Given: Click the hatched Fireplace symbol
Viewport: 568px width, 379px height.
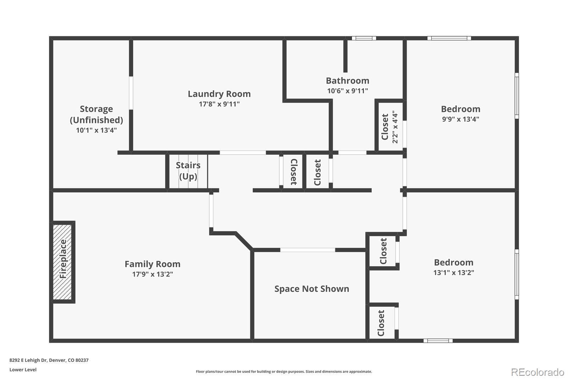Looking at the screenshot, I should point(62,262).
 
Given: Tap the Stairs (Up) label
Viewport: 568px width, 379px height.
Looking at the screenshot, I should point(188,171).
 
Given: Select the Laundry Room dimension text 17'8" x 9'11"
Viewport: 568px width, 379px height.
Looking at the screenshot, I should point(219,104).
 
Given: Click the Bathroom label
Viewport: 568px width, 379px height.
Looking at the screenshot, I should point(347,81).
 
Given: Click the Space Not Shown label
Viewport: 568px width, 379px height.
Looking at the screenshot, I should point(311,289).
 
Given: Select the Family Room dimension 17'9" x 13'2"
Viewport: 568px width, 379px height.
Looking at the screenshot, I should point(152,274).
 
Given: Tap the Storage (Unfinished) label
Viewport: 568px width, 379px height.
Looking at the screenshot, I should point(96,114).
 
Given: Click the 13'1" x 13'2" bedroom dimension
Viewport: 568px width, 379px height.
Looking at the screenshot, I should point(453,273).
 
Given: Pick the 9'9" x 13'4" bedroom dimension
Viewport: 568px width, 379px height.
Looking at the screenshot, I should point(460,119).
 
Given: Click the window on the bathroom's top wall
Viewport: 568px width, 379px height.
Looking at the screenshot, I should point(364,38).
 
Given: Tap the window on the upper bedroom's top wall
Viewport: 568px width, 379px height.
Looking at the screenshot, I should point(449,38).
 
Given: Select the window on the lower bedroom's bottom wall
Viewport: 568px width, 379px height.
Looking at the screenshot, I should point(438,341).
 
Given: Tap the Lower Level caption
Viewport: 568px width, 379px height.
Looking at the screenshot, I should point(23,370).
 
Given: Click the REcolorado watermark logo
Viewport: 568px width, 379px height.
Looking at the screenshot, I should point(537,372).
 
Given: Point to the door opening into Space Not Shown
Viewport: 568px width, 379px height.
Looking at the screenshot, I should point(307,250).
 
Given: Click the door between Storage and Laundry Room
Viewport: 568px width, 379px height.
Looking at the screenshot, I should point(131,93).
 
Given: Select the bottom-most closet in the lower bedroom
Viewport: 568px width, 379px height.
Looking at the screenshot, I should point(382,323).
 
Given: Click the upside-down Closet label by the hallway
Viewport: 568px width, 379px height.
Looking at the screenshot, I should point(293,172).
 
